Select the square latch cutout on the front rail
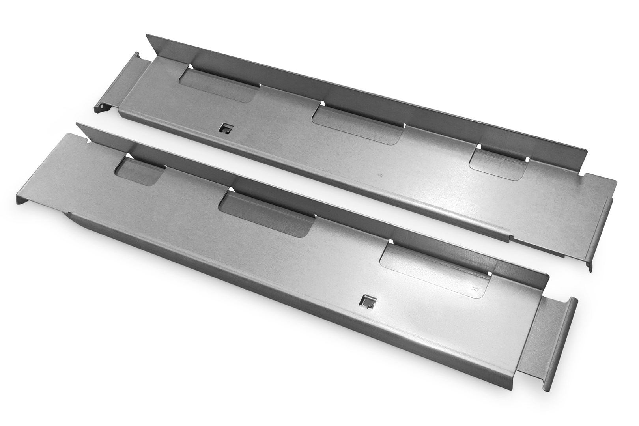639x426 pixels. (366, 302)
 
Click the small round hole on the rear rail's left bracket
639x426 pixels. (102, 105)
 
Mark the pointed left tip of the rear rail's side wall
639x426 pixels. (148, 37)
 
